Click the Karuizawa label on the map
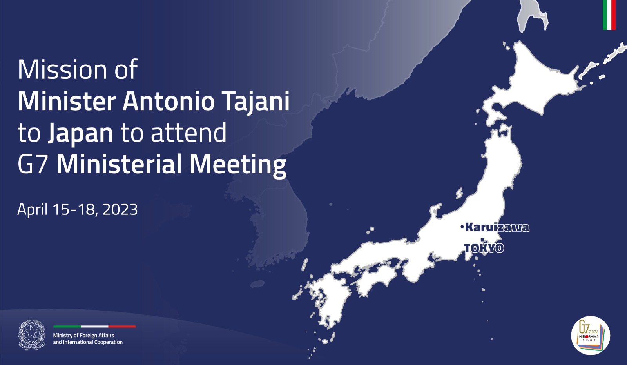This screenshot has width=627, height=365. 497,227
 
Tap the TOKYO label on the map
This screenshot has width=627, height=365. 484,248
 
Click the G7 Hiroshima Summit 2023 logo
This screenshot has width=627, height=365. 591,336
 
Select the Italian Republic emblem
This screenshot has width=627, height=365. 32,335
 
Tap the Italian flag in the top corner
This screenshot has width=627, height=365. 609,15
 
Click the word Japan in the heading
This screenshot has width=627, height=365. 81,133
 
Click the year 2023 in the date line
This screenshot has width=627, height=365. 120,209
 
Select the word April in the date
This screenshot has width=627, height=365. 33,210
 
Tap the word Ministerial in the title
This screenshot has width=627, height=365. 120,164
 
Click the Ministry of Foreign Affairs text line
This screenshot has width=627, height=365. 83,335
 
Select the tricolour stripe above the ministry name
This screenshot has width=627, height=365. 94,327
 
